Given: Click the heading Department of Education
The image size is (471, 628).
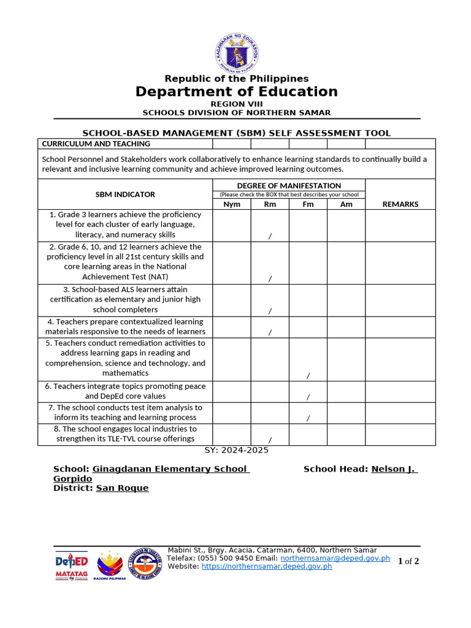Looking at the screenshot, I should [x=236, y=92].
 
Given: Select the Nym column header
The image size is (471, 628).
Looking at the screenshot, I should [x=232, y=204].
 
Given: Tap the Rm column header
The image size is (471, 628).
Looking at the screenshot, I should [x=270, y=204].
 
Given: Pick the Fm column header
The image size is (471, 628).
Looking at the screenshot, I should [x=308, y=204].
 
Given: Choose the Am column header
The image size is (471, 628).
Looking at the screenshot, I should [x=346, y=204].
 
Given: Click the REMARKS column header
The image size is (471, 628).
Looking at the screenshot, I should [x=400, y=204].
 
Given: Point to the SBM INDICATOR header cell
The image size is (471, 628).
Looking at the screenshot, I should [x=125, y=194].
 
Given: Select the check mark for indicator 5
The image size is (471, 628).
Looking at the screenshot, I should [x=308, y=375].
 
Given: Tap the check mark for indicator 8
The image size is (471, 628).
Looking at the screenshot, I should [x=270, y=440].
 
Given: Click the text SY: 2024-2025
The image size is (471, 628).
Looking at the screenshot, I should [x=236, y=450].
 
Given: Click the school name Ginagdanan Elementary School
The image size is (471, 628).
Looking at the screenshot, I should [x=170, y=469].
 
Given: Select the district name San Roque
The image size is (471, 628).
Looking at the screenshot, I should [x=122, y=488].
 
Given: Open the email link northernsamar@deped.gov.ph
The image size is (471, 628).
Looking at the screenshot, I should [x=335, y=559].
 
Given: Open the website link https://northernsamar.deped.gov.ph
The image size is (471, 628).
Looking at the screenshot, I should [x=267, y=567].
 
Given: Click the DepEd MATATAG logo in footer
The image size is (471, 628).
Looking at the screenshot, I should [x=72, y=565].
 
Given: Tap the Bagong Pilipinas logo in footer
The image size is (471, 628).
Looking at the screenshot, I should [x=110, y=565].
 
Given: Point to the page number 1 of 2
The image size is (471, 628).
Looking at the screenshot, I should [x=408, y=562].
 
